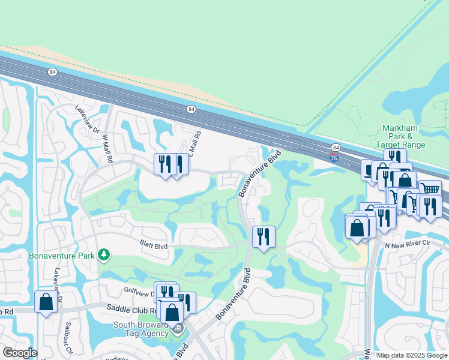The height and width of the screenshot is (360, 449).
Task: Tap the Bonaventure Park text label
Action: tap(62, 256)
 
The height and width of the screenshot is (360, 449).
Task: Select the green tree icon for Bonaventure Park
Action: tap(104, 255)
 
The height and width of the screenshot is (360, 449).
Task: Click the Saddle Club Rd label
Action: tap(130, 308)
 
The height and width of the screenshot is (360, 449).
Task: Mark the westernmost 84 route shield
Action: tap(53, 72)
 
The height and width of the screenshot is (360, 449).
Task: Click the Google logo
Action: tap(20, 353)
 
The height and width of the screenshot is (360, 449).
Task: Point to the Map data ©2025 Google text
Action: tap(411, 355)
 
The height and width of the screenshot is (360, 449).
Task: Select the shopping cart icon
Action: tap(430, 190)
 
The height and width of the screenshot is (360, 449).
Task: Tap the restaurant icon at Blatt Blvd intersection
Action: tap(264, 236)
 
